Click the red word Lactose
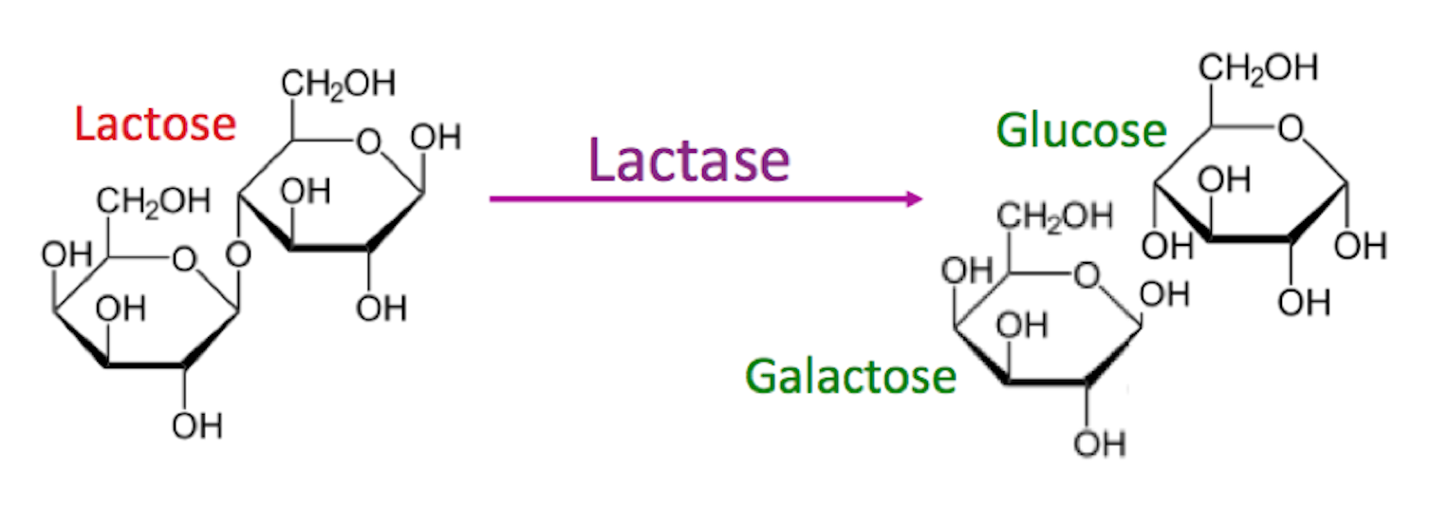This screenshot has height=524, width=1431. [x=155, y=124]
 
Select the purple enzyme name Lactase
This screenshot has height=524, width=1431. [x=689, y=159]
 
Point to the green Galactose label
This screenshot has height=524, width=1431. [x=850, y=376]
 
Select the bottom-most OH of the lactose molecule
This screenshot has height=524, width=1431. [x=197, y=426]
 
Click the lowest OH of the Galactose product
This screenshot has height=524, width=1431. [x=1100, y=443]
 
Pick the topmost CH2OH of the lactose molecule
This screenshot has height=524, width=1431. [x=337, y=84]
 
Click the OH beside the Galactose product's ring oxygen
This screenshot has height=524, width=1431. [x=1163, y=294]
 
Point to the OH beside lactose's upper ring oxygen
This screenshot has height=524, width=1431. [x=436, y=138]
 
